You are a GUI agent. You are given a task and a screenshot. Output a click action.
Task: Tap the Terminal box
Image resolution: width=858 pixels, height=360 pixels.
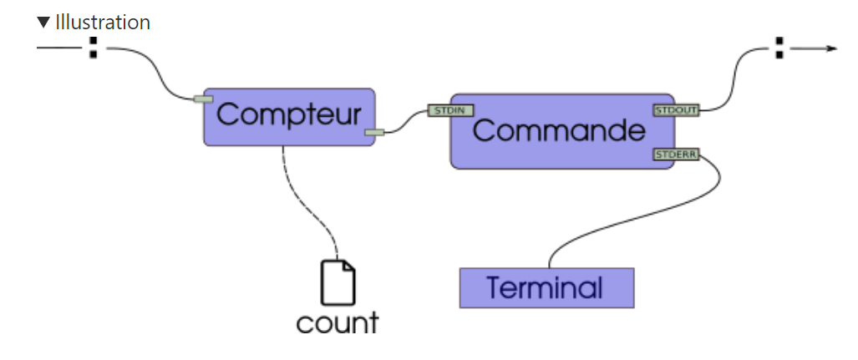point(546,288)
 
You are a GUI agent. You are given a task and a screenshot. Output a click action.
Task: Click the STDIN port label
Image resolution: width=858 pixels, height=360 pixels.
point(451,110)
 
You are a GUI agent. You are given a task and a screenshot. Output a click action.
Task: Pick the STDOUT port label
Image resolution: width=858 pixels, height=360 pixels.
point(675,109)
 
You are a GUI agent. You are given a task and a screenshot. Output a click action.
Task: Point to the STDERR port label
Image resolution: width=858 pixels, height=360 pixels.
point(675,155)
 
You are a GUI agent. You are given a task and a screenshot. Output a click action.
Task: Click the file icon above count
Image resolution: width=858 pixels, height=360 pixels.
point(338,282)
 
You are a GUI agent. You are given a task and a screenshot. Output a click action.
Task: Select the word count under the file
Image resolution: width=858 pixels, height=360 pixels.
point(338,322)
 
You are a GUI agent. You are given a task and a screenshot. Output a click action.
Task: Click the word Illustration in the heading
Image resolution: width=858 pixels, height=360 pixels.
point(103,23)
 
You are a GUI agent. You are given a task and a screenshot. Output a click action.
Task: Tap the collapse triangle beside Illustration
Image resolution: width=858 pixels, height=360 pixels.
point(44,23)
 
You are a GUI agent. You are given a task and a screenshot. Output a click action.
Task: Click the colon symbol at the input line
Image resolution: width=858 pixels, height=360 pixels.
point(94,48)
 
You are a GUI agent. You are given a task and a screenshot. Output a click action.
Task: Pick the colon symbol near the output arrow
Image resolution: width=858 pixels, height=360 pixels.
point(779,48)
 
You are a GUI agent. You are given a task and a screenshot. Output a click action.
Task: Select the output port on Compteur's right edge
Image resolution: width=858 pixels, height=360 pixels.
point(374,131)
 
